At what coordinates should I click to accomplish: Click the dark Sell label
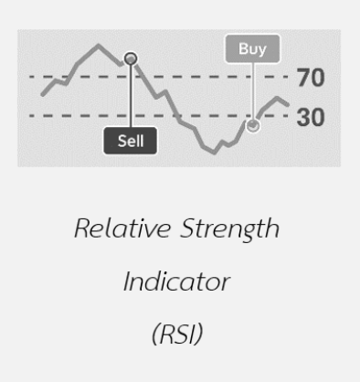(x=131, y=142)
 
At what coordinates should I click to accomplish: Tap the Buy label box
(x=253, y=50)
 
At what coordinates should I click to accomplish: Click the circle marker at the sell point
(x=131, y=58)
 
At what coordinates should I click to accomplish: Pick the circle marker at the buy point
(x=253, y=124)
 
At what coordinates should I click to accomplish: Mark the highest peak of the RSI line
(x=98, y=44)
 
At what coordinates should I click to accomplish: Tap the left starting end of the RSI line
(x=42, y=94)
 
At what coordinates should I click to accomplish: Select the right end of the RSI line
(x=288, y=104)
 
